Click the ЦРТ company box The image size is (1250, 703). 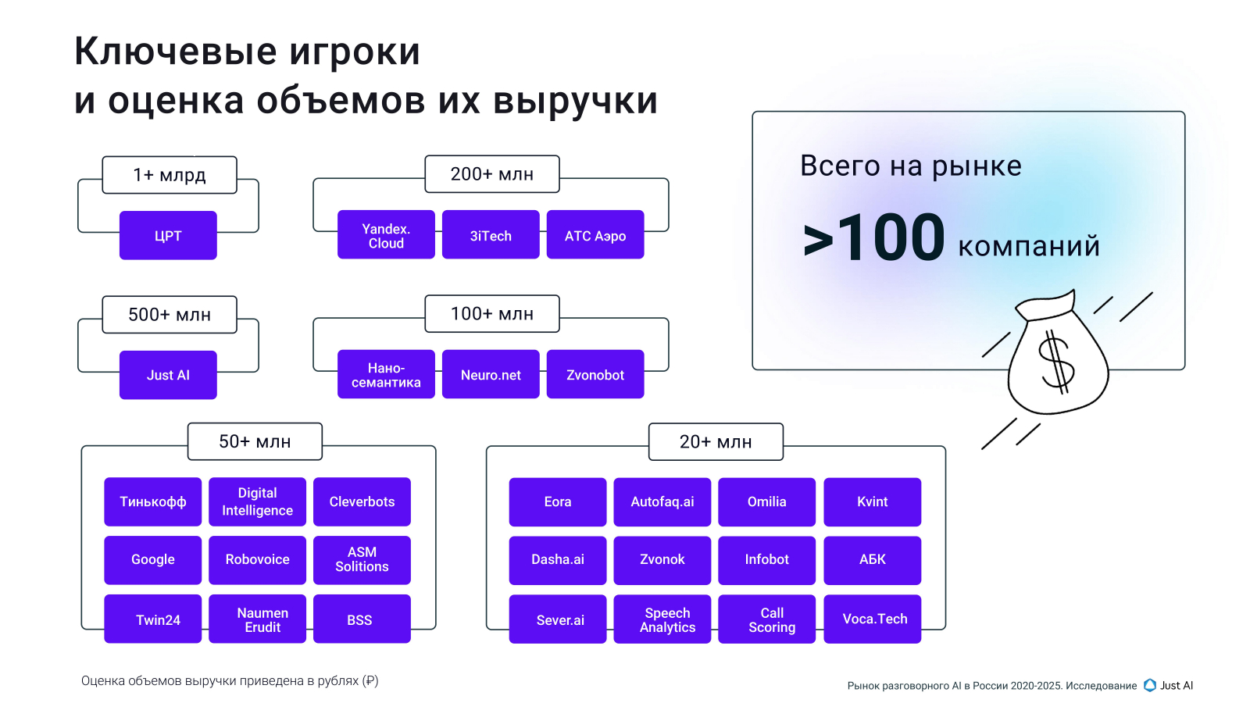168,235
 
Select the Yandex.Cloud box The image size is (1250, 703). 386,235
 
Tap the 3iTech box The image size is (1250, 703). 491,235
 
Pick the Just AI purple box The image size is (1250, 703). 168,375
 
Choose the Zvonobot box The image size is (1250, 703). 595,375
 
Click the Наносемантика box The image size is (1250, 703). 386,375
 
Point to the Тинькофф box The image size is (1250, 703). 153,501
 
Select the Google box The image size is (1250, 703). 153,559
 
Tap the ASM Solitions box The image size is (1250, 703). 362,559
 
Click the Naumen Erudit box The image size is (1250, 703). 258,619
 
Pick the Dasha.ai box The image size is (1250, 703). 558,559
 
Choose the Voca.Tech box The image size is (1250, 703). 873,619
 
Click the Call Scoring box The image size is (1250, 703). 767,619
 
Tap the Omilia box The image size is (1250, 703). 767,501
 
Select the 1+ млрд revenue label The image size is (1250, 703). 170,175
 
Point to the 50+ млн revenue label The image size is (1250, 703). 255,442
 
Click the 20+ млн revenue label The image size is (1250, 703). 716,442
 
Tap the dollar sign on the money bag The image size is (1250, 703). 1056,361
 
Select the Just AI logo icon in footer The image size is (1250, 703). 1150,685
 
